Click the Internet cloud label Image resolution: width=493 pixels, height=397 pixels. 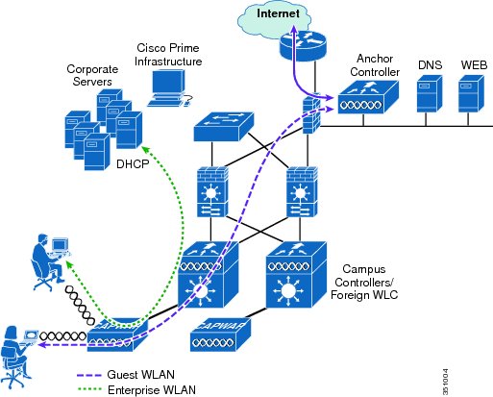[278, 13]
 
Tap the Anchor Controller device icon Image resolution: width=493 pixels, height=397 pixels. [368, 97]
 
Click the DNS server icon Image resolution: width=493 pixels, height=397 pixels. [430, 93]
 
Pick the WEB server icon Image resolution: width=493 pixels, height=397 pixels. [471, 93]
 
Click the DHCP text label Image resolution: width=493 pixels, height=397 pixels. [133, 164]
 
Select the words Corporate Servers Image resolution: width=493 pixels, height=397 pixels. [92, 75]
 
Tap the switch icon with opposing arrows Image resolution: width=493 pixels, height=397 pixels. [224, 127]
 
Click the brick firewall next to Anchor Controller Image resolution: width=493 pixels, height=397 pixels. [311, 113]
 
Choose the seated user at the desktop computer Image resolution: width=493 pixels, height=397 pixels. [51, 262]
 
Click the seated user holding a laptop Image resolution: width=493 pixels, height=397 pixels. [18, 357]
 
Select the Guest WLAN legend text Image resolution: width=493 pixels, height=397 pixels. [140, 374]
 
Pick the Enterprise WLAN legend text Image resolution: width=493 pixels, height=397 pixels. [152, 390]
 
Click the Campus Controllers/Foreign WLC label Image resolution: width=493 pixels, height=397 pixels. [364, 282]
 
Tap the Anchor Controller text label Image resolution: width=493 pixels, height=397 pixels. [375, 65]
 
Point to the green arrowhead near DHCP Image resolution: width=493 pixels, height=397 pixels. [145, 150]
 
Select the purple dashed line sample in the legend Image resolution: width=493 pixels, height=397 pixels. [89, 375]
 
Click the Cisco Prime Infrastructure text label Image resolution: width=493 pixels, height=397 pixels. [168, 55]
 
